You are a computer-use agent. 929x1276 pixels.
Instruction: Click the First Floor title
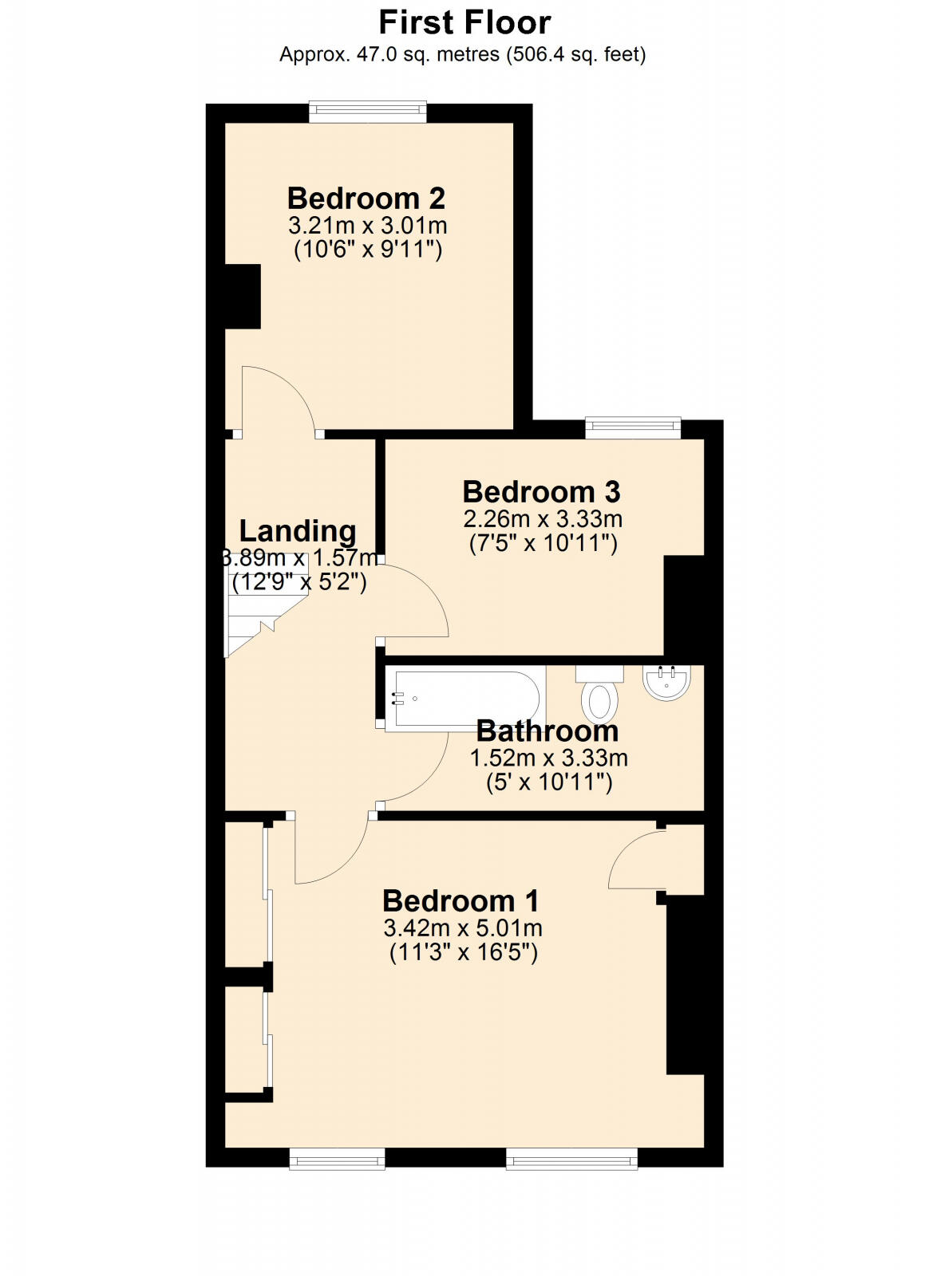tap(464, 23)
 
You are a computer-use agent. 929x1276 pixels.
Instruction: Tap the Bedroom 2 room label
tap(366, 198)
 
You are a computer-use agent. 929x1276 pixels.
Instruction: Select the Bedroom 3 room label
tap(541, 492)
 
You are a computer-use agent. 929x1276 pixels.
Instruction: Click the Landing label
tap(298, 531)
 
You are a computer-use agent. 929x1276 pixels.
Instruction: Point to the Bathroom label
tap(548, 731)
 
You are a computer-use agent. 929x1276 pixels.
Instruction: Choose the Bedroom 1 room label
tap(461, 901)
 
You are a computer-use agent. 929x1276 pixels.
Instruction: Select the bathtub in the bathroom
tap(465, 699)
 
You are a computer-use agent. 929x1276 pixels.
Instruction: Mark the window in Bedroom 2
tap(368, 112)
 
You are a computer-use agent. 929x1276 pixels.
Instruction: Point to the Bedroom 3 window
tap(633, 428)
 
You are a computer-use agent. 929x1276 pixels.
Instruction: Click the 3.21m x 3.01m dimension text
tap(368, 225)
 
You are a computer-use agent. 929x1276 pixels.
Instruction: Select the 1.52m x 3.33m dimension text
tap(549, 758)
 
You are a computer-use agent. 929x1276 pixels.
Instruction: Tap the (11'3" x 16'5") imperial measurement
tap(463, 952)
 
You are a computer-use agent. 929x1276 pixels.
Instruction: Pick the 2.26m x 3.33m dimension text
tap(543, 519)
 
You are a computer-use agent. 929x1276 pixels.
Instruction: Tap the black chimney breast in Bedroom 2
tap(243, 296)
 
